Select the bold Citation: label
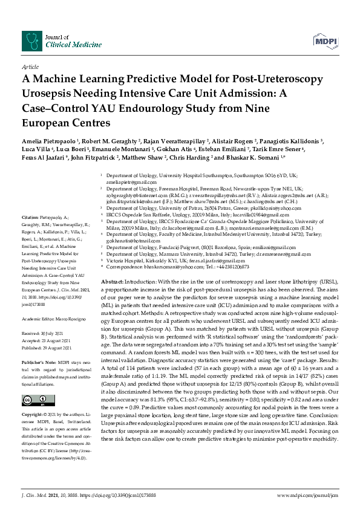pyautogui.click(x=31, y=217)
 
